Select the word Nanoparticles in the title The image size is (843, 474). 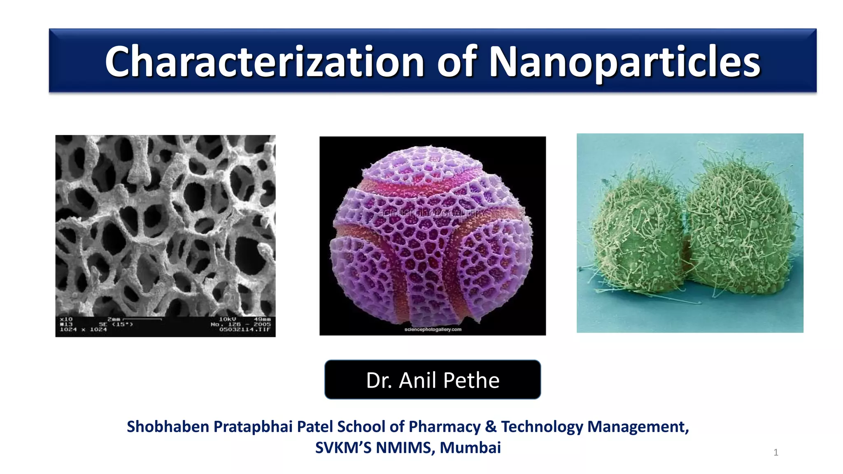pos(624,62)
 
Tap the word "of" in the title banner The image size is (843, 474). pos(456,62)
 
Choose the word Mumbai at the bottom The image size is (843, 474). pos(470,448)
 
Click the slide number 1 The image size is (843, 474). pos(776,453)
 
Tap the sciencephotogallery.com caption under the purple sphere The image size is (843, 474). pos(433,330)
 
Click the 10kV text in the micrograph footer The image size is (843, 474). pos(227,319)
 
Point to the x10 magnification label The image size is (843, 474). pos(66,319)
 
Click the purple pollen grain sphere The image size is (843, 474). pos(432,235)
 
